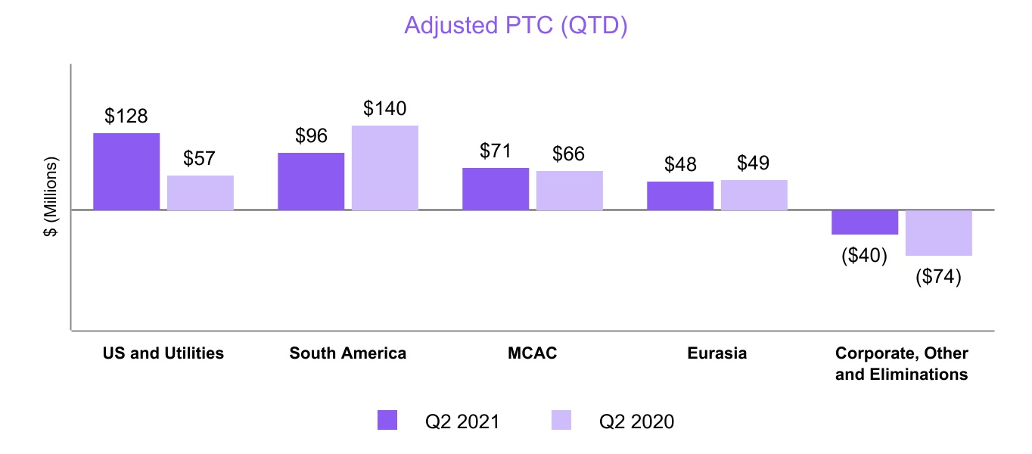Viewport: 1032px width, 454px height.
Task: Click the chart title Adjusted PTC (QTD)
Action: pos(516,25)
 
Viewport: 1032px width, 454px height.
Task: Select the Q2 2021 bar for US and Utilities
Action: pos(126,172)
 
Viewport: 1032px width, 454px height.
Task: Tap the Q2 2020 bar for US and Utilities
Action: pos(200,193)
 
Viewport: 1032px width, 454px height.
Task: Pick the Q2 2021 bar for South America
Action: pos(311,182)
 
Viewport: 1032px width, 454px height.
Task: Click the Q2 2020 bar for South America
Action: pos(385,168)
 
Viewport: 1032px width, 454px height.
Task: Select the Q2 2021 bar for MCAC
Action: pos(496,189)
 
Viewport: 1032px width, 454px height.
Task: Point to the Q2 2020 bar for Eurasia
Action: pos(754,195)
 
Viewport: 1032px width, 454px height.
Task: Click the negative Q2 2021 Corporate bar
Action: pos(865,222)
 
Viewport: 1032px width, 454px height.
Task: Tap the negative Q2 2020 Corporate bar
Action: pos(939,233)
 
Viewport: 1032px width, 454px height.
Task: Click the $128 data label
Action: pos(126,117)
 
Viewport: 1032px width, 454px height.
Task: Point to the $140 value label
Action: pos(385,109)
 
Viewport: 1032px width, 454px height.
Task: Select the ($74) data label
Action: pos(938,277)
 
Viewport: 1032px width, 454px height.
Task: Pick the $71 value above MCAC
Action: pos(496,151)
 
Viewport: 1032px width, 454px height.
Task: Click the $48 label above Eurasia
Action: pos(680,165)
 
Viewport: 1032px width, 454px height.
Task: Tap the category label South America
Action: pos(348,353)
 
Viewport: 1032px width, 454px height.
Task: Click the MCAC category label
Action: pos(533,353)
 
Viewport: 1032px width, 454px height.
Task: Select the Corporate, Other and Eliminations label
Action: pos(902,364)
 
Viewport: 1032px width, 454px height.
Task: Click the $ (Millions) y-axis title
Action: pos(51,198)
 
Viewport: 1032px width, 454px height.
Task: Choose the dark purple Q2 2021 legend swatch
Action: pos(387,421)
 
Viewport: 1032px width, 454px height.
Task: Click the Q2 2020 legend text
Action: pos(636,421)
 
